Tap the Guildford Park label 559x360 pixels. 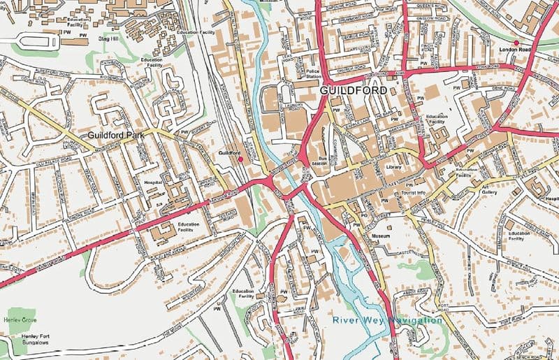116,134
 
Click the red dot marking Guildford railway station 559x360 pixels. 241,159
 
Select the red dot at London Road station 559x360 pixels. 516,43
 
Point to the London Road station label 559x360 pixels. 516,51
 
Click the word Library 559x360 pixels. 394,168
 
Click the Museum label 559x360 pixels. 380,237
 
